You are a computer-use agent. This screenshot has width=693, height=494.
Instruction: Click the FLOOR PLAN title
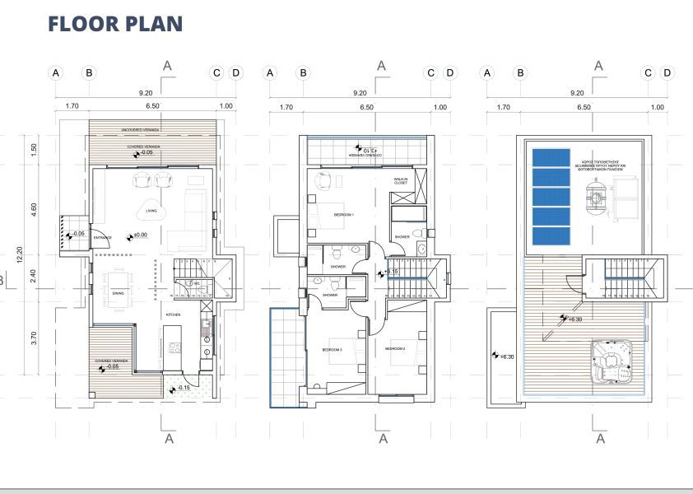coord(115,23)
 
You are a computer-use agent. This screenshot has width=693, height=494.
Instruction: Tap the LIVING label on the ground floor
coord(151,212)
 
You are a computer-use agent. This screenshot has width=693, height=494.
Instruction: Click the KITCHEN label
coord(173,315)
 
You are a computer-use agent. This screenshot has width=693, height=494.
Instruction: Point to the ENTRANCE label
coord(101,238)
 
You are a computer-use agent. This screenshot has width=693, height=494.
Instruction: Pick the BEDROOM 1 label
coord(343,214)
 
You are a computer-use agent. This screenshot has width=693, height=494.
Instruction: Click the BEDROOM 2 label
coord(396,349)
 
